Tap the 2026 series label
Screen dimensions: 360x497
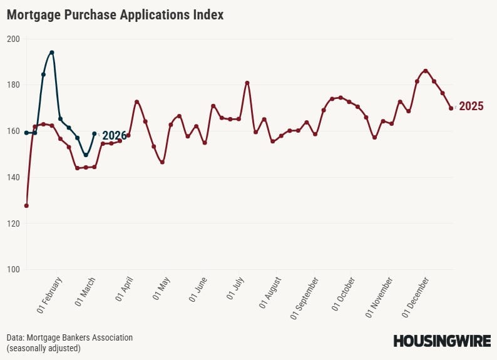click(x=114, y=135)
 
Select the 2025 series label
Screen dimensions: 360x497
click(x=471, y=106)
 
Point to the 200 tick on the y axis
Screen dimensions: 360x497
click(x=14, y=39)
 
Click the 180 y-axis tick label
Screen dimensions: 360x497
click(x=14, y=85)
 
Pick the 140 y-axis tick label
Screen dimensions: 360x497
click(x=14, y=177)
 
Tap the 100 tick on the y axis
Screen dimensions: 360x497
click(x=14, y=269)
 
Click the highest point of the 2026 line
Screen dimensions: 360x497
click(x=52, y=53)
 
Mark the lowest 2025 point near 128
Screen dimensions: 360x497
click(x=26, y=205)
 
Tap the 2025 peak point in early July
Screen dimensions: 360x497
click(x=247, y=83)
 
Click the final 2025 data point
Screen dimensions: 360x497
click(x=451, y=108)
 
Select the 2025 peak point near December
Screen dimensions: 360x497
click(x=426, y=71)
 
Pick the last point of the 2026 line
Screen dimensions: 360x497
click(x=95, y=133)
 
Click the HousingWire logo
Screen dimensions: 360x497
click(x=441, y=341)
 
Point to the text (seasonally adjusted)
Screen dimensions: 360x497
click(x=44, y=347)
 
